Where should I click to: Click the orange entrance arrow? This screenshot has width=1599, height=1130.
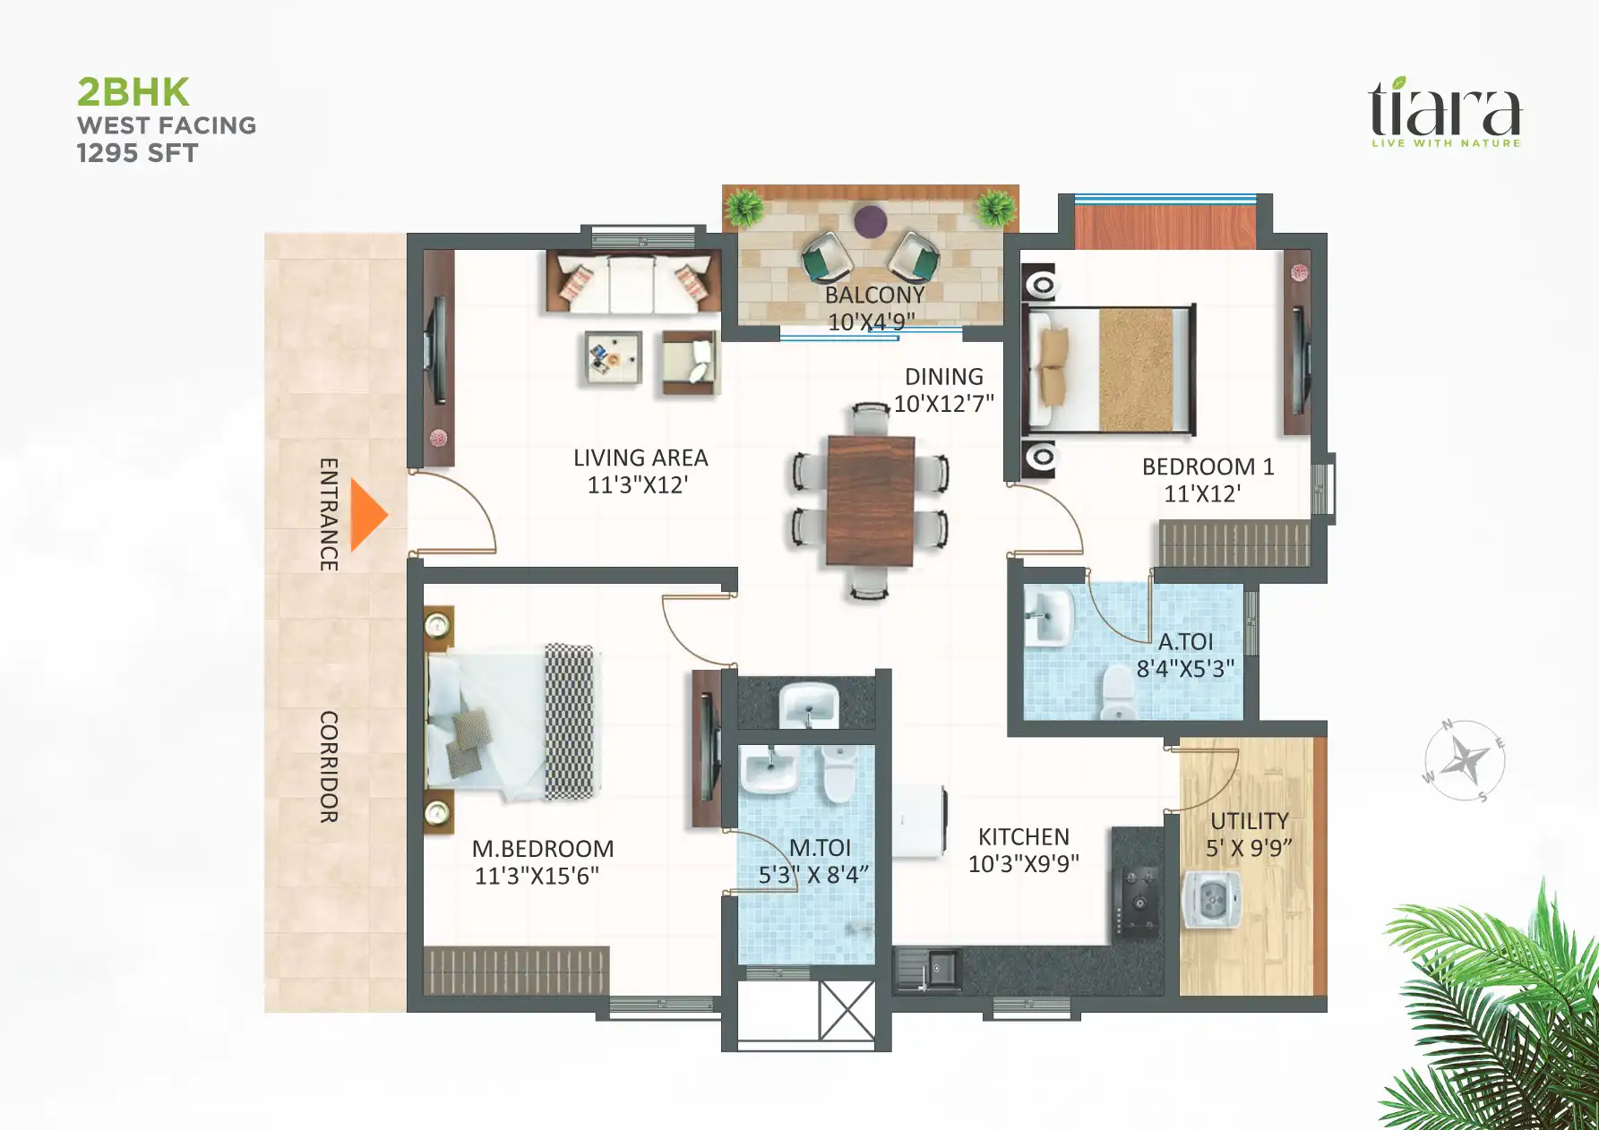(367, 515)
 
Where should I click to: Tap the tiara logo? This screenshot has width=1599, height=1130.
(1444, 112)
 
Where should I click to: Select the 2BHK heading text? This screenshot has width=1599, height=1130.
(133, 92)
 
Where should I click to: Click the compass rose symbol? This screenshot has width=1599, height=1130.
(1465, 761)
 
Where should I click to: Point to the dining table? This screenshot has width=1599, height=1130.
(870, 501)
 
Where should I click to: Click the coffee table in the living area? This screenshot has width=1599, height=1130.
(613, 357)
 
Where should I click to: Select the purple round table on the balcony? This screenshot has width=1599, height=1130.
(870, 220)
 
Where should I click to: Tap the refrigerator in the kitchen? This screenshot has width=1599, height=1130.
(919, 821)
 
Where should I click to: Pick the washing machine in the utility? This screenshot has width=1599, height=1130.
(1211, 898)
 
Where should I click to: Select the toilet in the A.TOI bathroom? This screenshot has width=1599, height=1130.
(1118, 693)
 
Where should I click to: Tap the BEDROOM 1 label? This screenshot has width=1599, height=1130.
(1207, 467)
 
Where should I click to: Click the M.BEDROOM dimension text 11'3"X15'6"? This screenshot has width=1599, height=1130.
(537, 876)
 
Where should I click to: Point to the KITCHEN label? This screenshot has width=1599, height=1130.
(1023, 836)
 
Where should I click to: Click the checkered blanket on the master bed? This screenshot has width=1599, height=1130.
(570, 722)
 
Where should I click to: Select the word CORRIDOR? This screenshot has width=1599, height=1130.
(329, 766)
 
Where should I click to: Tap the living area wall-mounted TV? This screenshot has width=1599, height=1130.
(438, 351)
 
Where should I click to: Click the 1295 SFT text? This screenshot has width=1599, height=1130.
(137, 153)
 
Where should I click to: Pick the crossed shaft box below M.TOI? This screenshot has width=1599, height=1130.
(847, 1011)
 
